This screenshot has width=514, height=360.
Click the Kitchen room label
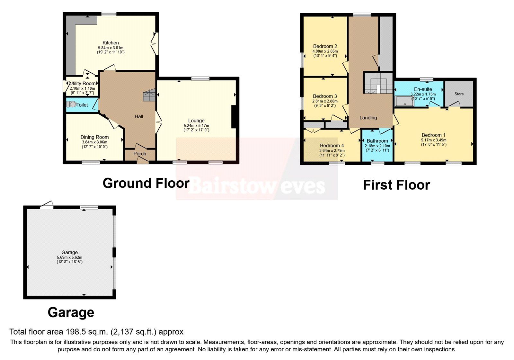point(111,43)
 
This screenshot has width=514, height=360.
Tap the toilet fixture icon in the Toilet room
point(72,104)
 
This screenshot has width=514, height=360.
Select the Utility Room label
point(83,84)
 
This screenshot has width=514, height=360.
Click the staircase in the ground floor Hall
point(149,95)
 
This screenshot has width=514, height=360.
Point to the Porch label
point(140,154)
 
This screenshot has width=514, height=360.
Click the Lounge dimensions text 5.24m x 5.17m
point(196,126)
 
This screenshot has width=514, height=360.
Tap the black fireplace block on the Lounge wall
point(235,117)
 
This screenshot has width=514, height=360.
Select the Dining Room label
point(94,137)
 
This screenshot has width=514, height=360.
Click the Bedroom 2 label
point(325,46)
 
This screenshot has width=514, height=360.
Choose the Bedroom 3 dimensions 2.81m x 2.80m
point(325,101)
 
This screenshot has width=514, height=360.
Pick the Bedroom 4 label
point(332,146)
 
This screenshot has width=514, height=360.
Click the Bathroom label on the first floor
point(377,141)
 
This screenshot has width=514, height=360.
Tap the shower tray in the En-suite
point(405,101)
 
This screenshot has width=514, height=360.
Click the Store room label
point(459,94)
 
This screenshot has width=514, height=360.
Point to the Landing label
point(368,118)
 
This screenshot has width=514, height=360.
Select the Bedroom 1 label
point(433,135)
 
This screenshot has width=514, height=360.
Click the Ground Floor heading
point(146,183)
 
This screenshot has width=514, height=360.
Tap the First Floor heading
point(396,185)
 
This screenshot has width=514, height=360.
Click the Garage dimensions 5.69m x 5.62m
point(69,257)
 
